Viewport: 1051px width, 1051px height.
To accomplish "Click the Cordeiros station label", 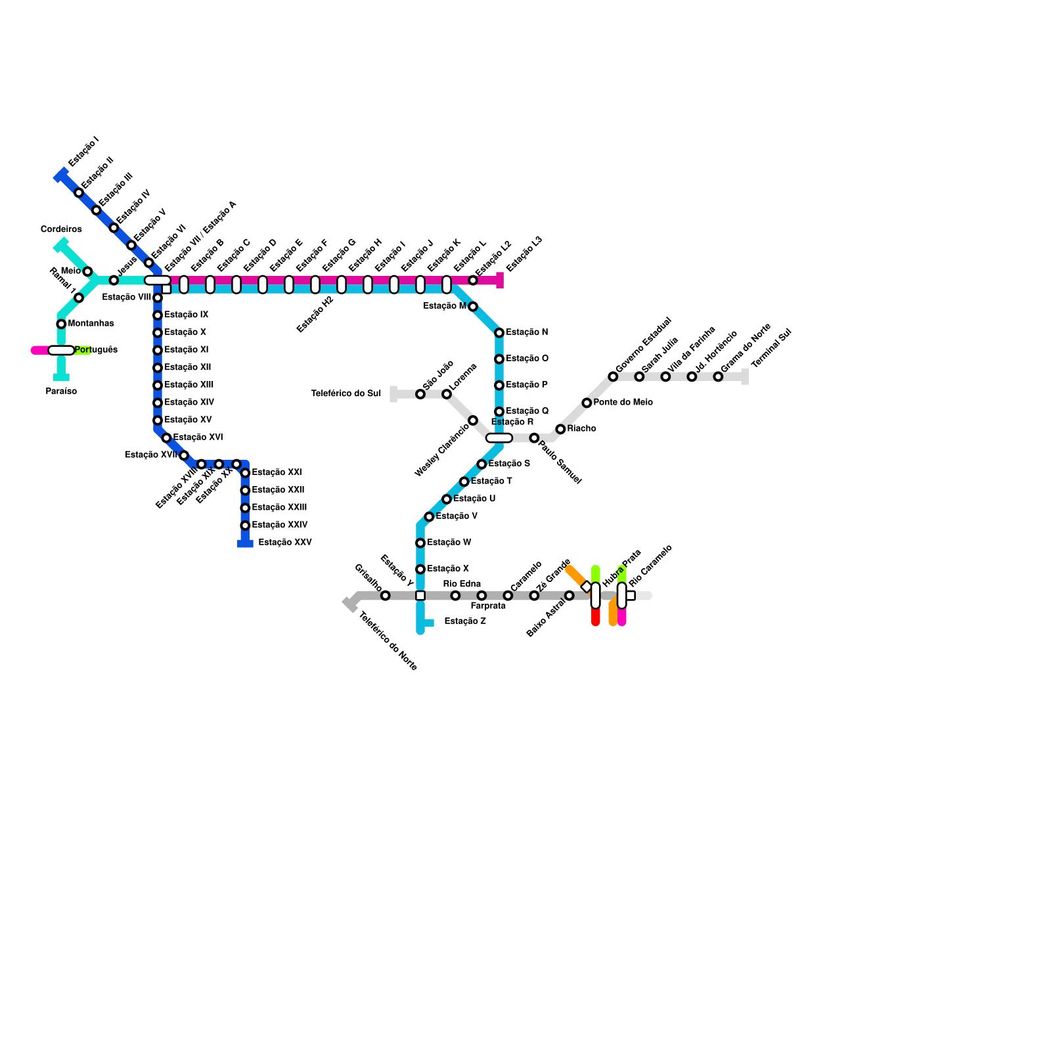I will point(61,229).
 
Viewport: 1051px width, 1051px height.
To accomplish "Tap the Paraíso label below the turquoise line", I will point(61,391).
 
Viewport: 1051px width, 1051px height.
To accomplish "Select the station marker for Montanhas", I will point(61,324).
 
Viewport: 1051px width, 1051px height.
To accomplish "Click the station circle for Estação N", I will point(499,333).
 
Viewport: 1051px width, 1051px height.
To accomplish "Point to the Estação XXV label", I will point(284,543).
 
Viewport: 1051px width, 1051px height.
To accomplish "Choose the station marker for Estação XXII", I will point(245,491).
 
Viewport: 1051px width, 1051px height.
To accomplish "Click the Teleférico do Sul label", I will point(346,393).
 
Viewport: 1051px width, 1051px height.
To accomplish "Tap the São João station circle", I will point(420,394).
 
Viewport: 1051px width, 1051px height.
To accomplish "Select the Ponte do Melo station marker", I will point(587,403).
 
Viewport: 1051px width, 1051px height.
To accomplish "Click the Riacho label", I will point(581,429).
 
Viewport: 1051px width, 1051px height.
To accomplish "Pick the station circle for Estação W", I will point(420,543).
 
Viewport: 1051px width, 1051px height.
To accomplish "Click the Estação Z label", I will point(465,621).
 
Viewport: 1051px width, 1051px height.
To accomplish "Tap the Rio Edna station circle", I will point(455,596).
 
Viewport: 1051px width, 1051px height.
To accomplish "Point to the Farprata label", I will point(488,606).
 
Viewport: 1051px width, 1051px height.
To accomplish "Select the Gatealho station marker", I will point(386,596).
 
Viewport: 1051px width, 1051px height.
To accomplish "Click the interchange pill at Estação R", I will point(499,438).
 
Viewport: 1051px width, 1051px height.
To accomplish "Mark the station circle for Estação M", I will point(473,307).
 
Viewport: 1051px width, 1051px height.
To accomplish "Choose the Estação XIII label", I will point(189,385).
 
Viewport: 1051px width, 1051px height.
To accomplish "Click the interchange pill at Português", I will point(61,350).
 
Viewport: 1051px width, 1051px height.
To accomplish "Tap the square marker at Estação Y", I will point(420,596).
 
